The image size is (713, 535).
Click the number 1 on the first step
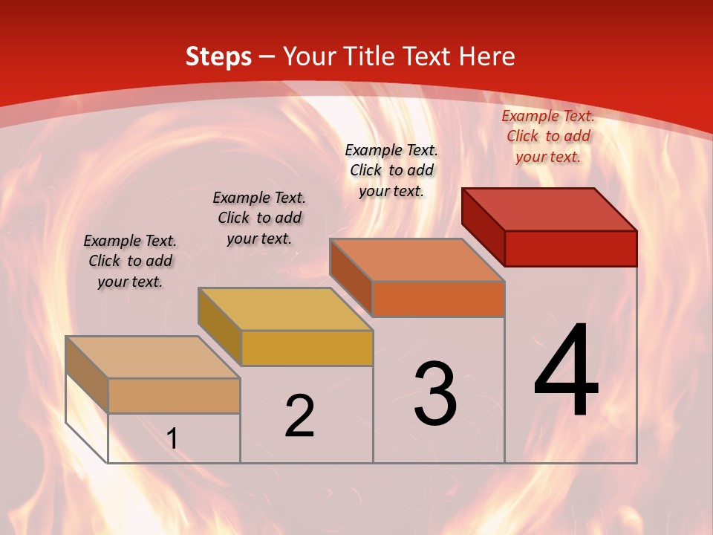(x=172, y=438)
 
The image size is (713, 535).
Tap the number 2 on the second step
(x=299, y=416)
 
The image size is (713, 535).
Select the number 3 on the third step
(x=435, y=394)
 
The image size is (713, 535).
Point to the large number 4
(x=567, y=372)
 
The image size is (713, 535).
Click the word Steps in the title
(x=218, y=56)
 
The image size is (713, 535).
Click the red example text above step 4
(x=548, y=136)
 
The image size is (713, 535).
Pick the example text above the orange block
(x=391, y=170)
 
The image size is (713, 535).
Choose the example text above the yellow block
(x=259, y=218)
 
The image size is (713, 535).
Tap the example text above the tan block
(x=130, y=261)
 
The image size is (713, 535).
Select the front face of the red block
(x=570, y=248)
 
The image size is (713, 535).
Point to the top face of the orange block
(x=417, y=260)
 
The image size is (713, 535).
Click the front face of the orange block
(x=438, y=299)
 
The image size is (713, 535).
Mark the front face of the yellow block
(x=307, y=348)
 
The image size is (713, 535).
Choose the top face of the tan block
(x=153, y=357)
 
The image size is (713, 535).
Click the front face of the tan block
(x=174, y=395)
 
